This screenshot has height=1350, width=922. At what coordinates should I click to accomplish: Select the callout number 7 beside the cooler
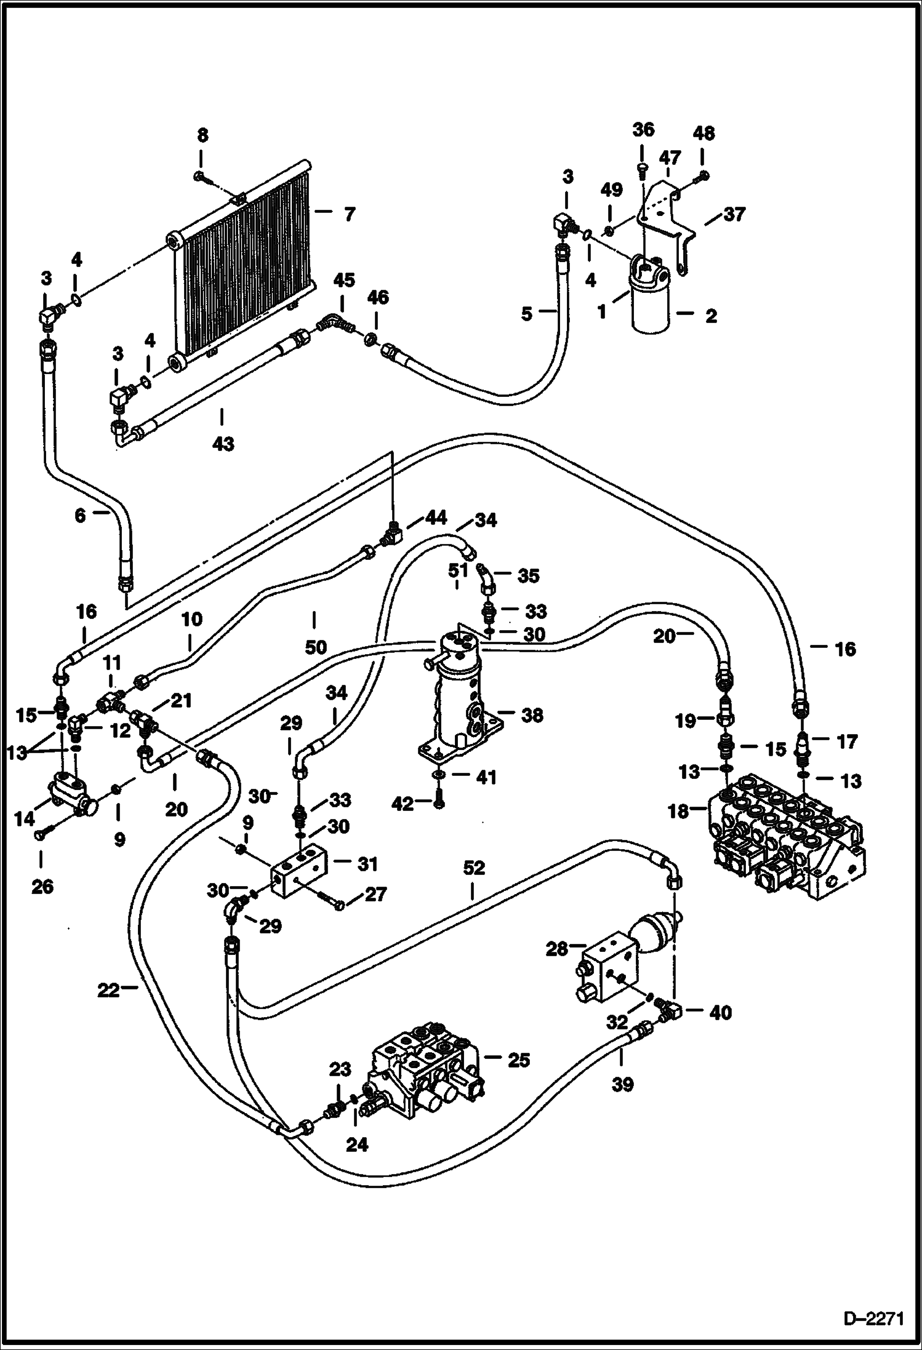tap(350, 215)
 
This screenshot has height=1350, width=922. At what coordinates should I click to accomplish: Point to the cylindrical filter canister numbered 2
tap(653, 308)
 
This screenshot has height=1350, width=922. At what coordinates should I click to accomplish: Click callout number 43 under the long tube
tap(223, 443)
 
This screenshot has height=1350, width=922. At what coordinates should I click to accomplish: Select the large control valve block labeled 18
tap(788, 843)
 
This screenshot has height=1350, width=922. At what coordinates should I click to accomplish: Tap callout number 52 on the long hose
tap(473, 868)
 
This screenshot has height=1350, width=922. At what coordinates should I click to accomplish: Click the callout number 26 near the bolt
tap(42, 887)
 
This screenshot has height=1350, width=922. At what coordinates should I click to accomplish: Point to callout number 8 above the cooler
tap(202, 135)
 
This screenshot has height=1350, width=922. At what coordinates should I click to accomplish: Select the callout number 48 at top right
tap(704, 133)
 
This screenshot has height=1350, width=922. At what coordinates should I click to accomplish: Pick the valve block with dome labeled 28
tap(609, 972)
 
